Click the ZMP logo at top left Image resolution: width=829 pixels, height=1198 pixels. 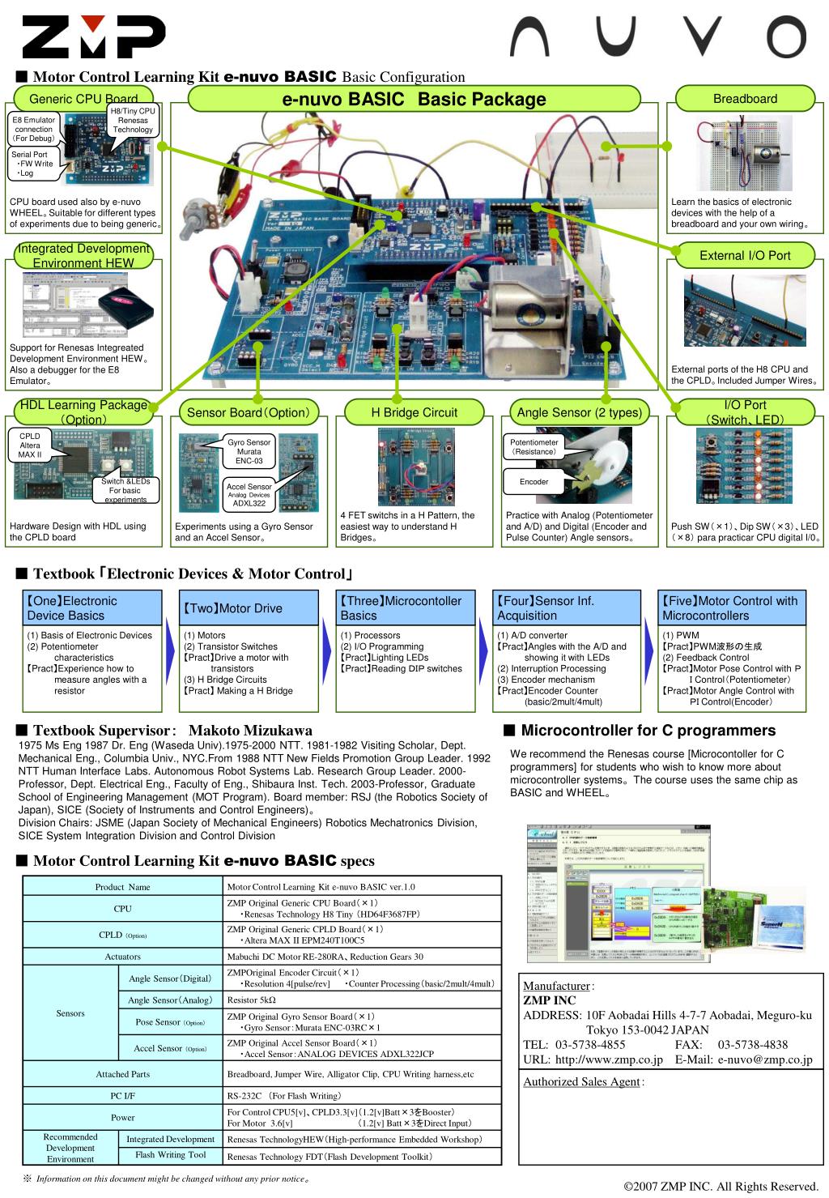coord(94,36)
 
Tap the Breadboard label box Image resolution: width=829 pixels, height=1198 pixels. coord(745,99)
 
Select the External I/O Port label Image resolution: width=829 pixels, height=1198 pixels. coord(745,255)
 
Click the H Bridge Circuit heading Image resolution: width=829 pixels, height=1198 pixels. coord(414,412)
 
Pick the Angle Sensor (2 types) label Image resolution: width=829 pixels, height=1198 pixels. coord(579,412)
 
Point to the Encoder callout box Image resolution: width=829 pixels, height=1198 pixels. coord(534,482)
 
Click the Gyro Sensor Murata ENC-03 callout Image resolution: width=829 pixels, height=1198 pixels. coord(249,451)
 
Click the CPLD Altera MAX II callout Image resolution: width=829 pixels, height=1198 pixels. coord(30,446)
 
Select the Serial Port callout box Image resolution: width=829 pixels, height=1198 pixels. coord(32,164)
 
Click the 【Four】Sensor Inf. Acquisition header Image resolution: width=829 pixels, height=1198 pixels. coord(565,608)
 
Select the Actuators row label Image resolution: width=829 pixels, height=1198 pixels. coord(122,957)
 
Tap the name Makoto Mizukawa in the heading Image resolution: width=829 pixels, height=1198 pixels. coord(250,731)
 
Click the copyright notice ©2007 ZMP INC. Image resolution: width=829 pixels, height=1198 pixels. coord(723,1187)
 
